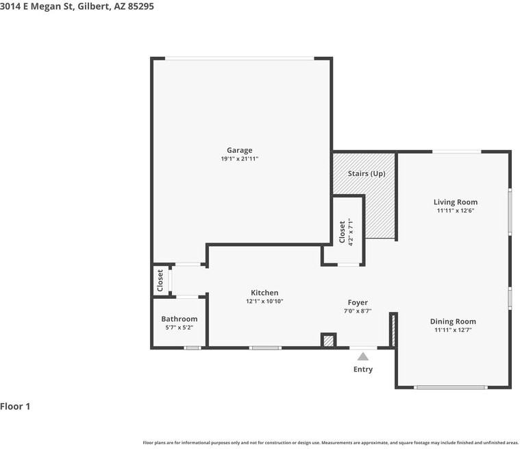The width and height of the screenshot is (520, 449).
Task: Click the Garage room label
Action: coord(240,150)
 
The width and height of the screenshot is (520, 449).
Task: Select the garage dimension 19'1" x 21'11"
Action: coord(240,159)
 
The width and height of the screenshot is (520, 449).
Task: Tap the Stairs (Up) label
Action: coord(367,173)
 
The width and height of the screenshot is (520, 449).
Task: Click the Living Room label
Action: coord(456,202)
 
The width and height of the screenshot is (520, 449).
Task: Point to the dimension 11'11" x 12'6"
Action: coord(456,211)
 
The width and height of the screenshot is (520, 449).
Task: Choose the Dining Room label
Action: coord(453,321)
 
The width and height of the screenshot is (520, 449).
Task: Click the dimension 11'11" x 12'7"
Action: coord(453,330)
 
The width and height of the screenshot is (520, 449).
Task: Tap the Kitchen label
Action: coord(264,293)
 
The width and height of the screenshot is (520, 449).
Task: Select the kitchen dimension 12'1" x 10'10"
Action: coord(264,302)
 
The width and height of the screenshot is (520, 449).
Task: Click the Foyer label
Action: coord(358,302)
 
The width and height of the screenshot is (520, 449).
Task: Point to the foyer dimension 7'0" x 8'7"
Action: coord(358,311)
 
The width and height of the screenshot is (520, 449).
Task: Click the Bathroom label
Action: coord(179,319)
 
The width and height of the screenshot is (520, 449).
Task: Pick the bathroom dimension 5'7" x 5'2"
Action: coord(179,328)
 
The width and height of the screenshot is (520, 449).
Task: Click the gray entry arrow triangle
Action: coord(363,356)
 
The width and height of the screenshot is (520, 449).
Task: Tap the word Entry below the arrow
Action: coord(363,369)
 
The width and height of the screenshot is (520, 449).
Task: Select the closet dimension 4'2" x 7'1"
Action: coord(351,232)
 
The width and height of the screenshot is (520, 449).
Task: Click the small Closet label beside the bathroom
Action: coord(160,280)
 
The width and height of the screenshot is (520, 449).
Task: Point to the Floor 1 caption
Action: coord(16,406)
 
